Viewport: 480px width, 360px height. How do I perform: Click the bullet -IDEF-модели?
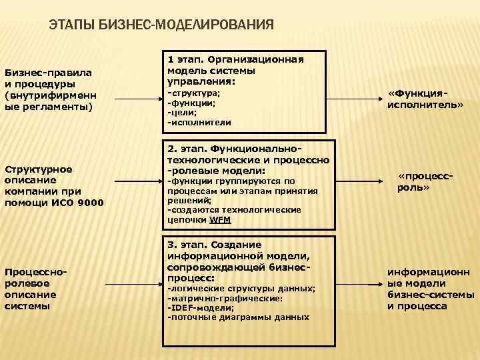click(201, 308)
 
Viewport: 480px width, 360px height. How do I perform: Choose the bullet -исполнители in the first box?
click(199, 123)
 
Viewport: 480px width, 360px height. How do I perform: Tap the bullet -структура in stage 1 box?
click(194, 93)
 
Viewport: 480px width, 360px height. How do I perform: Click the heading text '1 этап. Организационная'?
click(235, 59)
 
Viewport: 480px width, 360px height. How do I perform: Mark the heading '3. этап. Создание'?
click(215, 245)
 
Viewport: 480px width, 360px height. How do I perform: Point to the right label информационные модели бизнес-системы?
click(431, 289)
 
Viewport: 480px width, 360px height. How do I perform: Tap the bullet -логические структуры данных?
click(241, 288)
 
